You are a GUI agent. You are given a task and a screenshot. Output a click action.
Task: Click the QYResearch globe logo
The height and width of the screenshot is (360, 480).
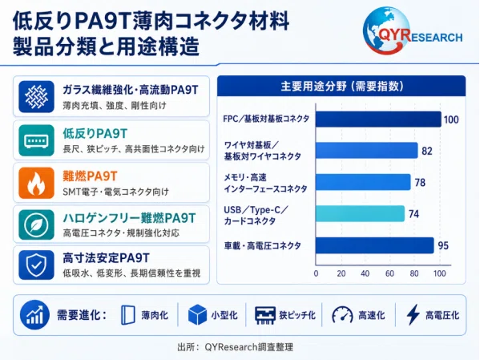click(386, 30)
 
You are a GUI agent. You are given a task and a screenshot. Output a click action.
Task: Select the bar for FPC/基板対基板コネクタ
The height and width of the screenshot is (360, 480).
click(378, 119)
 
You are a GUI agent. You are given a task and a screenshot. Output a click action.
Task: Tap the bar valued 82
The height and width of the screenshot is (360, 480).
click(367, 151)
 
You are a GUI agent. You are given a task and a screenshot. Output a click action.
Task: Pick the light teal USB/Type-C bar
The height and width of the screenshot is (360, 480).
click(361, 213)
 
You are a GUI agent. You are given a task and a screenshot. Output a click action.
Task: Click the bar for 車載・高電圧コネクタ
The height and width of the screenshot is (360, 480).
click(375, 245)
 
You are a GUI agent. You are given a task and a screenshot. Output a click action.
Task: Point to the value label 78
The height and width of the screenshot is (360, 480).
click(420, 183)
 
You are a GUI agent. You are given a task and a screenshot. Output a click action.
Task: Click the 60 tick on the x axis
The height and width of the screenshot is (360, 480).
click(389, 273)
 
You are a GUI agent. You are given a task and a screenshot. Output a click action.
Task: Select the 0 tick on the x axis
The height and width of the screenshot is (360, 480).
click(316, 273)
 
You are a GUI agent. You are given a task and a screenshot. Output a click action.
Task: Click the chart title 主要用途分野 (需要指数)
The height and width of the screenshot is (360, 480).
click(342, 87)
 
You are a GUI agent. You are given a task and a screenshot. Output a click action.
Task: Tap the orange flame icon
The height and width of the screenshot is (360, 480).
click(36, 183)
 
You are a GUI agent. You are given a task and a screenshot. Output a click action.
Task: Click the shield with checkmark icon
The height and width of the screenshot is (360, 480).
click(36, 265)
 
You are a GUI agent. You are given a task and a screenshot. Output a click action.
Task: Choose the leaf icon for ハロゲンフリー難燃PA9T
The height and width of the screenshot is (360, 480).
click(36, 224)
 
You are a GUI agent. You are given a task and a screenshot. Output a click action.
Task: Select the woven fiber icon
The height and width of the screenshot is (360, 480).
click(36, 97)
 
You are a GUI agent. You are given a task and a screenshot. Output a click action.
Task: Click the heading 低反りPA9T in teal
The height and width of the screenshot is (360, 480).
click(95, 134)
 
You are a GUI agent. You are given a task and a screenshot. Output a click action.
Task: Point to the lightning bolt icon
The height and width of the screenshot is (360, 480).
click(413, 314)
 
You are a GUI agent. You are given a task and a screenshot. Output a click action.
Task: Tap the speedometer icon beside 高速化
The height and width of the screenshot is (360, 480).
click(342, 315)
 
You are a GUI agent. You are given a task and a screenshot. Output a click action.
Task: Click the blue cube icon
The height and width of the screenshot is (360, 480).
click(197, 314)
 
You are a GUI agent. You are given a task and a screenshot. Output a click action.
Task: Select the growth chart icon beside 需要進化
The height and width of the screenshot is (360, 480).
click(34, 315)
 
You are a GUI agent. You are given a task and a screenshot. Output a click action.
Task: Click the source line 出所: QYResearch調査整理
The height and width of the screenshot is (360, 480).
click(235, 347)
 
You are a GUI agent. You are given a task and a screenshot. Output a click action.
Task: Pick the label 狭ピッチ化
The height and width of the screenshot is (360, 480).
click(297, 315)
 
